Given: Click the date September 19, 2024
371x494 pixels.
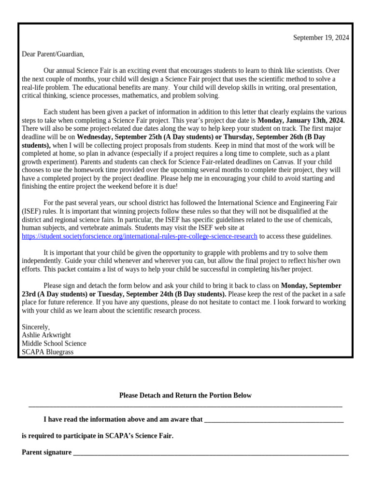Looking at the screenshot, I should pyautogui.click(x=321, y=38).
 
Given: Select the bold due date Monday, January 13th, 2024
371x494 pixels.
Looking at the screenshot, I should pyautogui.click(x=301, y=120).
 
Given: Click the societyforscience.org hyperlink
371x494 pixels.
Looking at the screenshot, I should pyautogui.click(x=140, y=236).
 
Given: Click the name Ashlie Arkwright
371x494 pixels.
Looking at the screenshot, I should pyautogui.click(x=46, y=335).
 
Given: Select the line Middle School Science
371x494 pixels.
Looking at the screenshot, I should pyautogui.click(x=54, y=343).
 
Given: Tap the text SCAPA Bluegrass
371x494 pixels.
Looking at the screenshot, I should pyautogui.click(x=48, y=352).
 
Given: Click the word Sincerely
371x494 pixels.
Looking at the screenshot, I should pyautogui.click(x=36, y=327).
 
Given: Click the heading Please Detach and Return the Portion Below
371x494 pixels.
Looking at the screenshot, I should pyautogui.click(x=185, y=395).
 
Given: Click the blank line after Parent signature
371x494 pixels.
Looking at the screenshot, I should pyautogui.click(x=211, y=453).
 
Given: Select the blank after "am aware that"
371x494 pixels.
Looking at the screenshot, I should pyautogui.click(x=274, y=420).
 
